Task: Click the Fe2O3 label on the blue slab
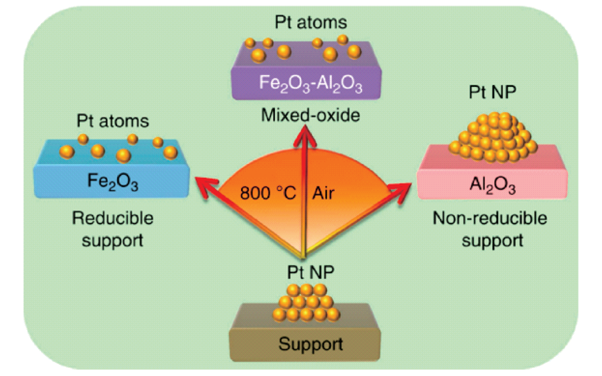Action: pos(113,182)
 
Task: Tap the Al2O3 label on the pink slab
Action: pos(492,185)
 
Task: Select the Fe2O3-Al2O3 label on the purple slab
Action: pos(311,84)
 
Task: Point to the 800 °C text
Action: pos(268,193)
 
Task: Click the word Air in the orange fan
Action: pos(323,193)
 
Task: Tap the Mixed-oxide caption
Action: pos(311,115)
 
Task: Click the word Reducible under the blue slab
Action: pos(113,218)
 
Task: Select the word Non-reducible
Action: pos(490,218)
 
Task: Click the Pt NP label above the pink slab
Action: pos(492,92)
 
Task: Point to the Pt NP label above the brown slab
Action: pos(311,272)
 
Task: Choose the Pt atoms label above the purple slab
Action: pos(311,22)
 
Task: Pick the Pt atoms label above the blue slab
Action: pos(113,121)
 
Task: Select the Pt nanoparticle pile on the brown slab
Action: pos(306,303)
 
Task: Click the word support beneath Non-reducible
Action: pos(492,241)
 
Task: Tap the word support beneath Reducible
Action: pos(112,241)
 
